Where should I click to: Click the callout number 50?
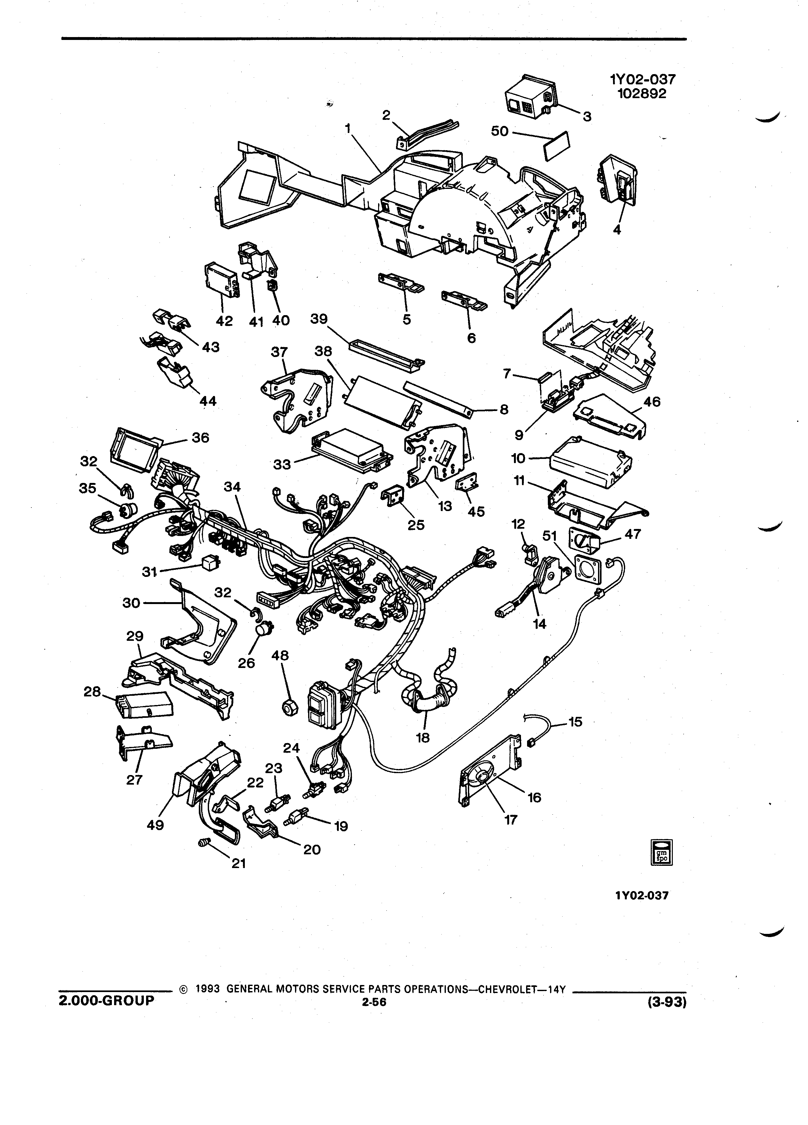500,131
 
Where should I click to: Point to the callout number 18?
423,738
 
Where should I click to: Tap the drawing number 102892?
642,94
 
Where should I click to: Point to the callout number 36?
200,438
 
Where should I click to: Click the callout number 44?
208,401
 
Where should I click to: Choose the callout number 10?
518,458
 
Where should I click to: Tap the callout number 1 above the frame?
348,128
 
